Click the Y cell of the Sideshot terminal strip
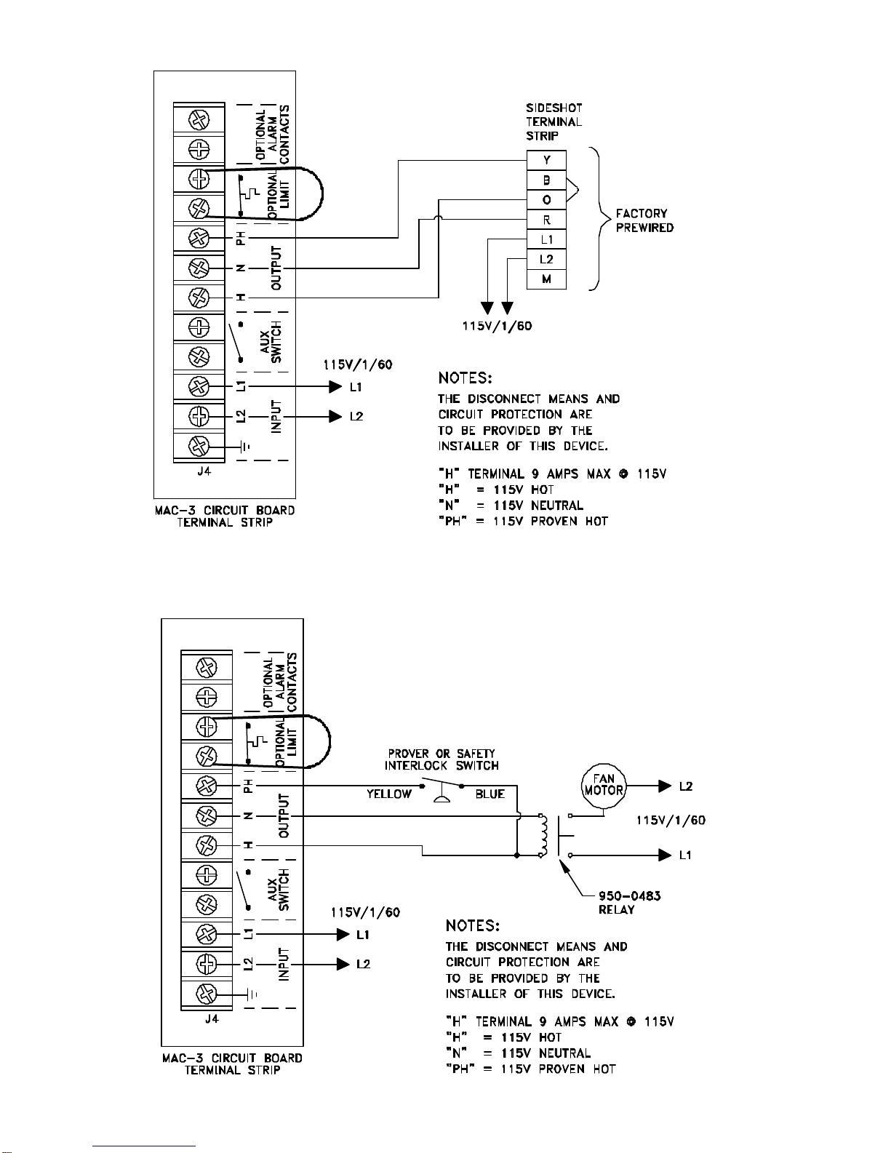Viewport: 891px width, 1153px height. point(546,160)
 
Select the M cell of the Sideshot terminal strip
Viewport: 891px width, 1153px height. point(546,279)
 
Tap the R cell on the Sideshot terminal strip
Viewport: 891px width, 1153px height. point(546,220)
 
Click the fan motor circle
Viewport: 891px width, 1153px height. point(604,786)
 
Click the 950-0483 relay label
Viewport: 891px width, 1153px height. point(630,903)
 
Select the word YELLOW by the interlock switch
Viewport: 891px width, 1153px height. point(388,794)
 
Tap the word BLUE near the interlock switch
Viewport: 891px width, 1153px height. point(490,794)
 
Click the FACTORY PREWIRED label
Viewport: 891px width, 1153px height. point(644,220)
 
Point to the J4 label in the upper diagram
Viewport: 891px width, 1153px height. point(204,471)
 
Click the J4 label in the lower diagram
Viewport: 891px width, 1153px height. point(212,1018)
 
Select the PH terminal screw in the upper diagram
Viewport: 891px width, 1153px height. point(199,239)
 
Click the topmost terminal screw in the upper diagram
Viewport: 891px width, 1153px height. point(199,119)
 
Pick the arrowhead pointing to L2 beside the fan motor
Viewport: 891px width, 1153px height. point(665,786)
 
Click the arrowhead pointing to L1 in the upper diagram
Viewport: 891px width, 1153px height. point(335,387)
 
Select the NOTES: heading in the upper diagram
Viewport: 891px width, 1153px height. point(465,378)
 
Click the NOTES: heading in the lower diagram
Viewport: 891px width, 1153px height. point(473,926)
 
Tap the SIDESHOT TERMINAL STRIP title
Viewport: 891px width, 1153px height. point(554,122)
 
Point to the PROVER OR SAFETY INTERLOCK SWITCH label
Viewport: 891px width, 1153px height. point(441,759)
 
